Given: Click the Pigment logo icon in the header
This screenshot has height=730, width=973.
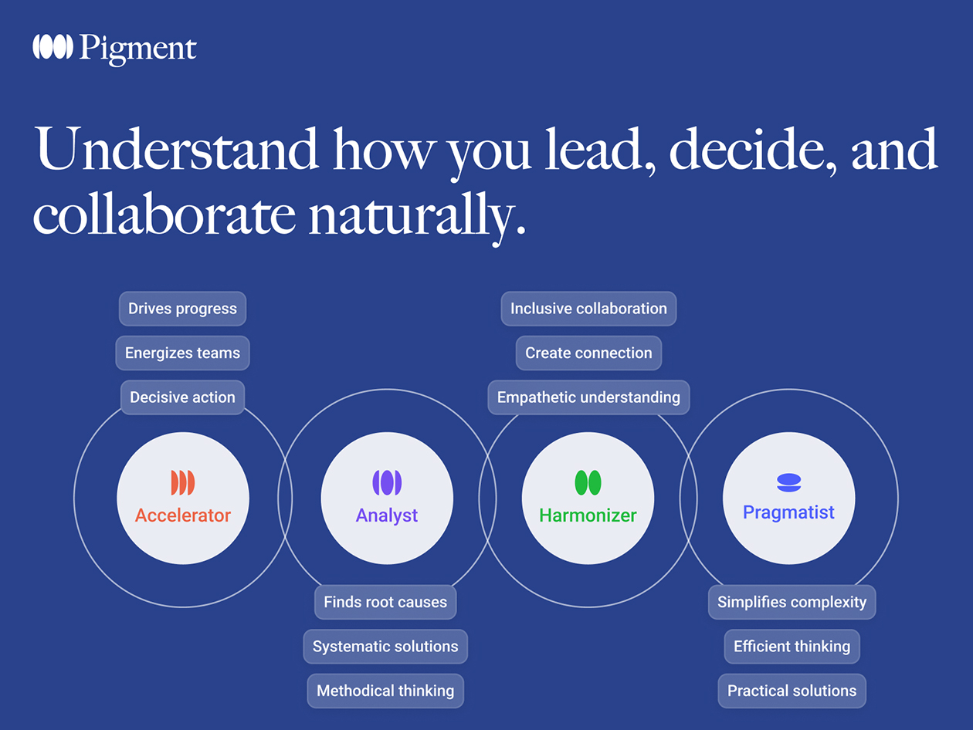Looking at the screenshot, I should [x=53, y=47].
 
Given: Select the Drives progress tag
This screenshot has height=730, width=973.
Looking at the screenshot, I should [x=182, y=309].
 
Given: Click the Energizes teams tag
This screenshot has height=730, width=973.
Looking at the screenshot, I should [x=182, y=353].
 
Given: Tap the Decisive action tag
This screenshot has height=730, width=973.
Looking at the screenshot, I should [x=182, y=397].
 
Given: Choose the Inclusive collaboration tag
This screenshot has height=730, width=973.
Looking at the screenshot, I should [x=588, y=309].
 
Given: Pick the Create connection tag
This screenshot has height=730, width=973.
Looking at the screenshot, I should [x=588, y=353].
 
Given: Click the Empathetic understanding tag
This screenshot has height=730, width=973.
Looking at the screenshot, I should [x=588, y=397].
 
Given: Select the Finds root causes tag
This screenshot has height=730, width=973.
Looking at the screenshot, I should [x=385, y=602].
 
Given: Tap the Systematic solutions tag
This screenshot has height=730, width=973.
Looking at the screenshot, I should [x=385, y=647].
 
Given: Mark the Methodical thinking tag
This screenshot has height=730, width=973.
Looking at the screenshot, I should [x=385, y=691].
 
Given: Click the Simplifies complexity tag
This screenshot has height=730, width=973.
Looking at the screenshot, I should [x=792, y=602].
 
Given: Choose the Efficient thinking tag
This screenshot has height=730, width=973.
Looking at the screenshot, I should [x=792, y=647].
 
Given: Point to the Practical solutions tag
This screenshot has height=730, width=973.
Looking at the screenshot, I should [x=792, y=691].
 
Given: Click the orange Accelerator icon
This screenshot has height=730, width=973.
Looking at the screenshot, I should [x=183, y=483].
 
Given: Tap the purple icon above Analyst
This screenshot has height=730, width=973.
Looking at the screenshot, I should [x=387, y=483].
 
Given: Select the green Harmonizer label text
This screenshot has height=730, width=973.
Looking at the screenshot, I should [x=588, y=515].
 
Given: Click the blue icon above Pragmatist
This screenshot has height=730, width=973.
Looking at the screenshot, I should [x=788, y=483].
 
